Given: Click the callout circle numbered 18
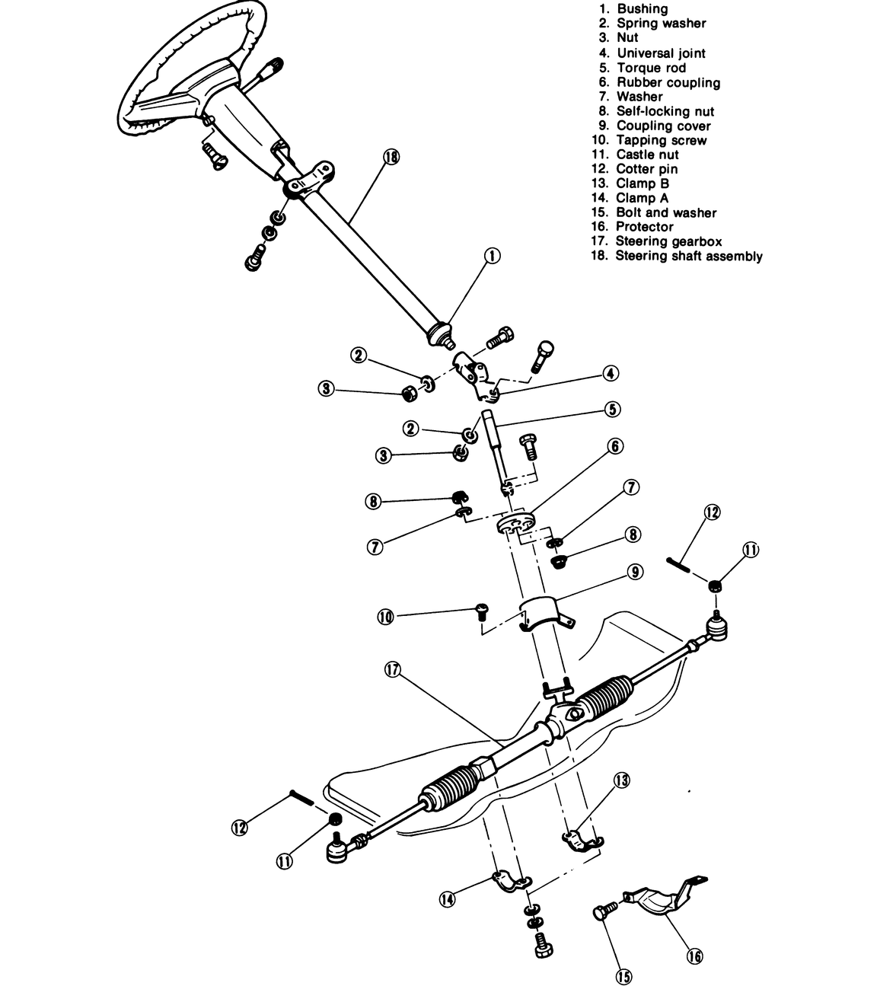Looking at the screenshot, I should coord(392,157).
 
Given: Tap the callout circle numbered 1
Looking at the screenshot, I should coord(492,256).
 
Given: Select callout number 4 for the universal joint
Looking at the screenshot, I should coord(610,374).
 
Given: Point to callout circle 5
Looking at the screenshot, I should coord(613,409).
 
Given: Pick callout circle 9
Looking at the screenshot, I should coord(636,571).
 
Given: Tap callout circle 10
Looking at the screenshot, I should coord(386,617).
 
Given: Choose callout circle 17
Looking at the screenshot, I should coord(393,669).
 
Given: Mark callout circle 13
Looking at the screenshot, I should coord(622,780).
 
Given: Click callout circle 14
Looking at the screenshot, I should coord(447,899).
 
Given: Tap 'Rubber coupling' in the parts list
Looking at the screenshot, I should coord(668,82).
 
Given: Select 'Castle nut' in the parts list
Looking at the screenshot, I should coord(646,155).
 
